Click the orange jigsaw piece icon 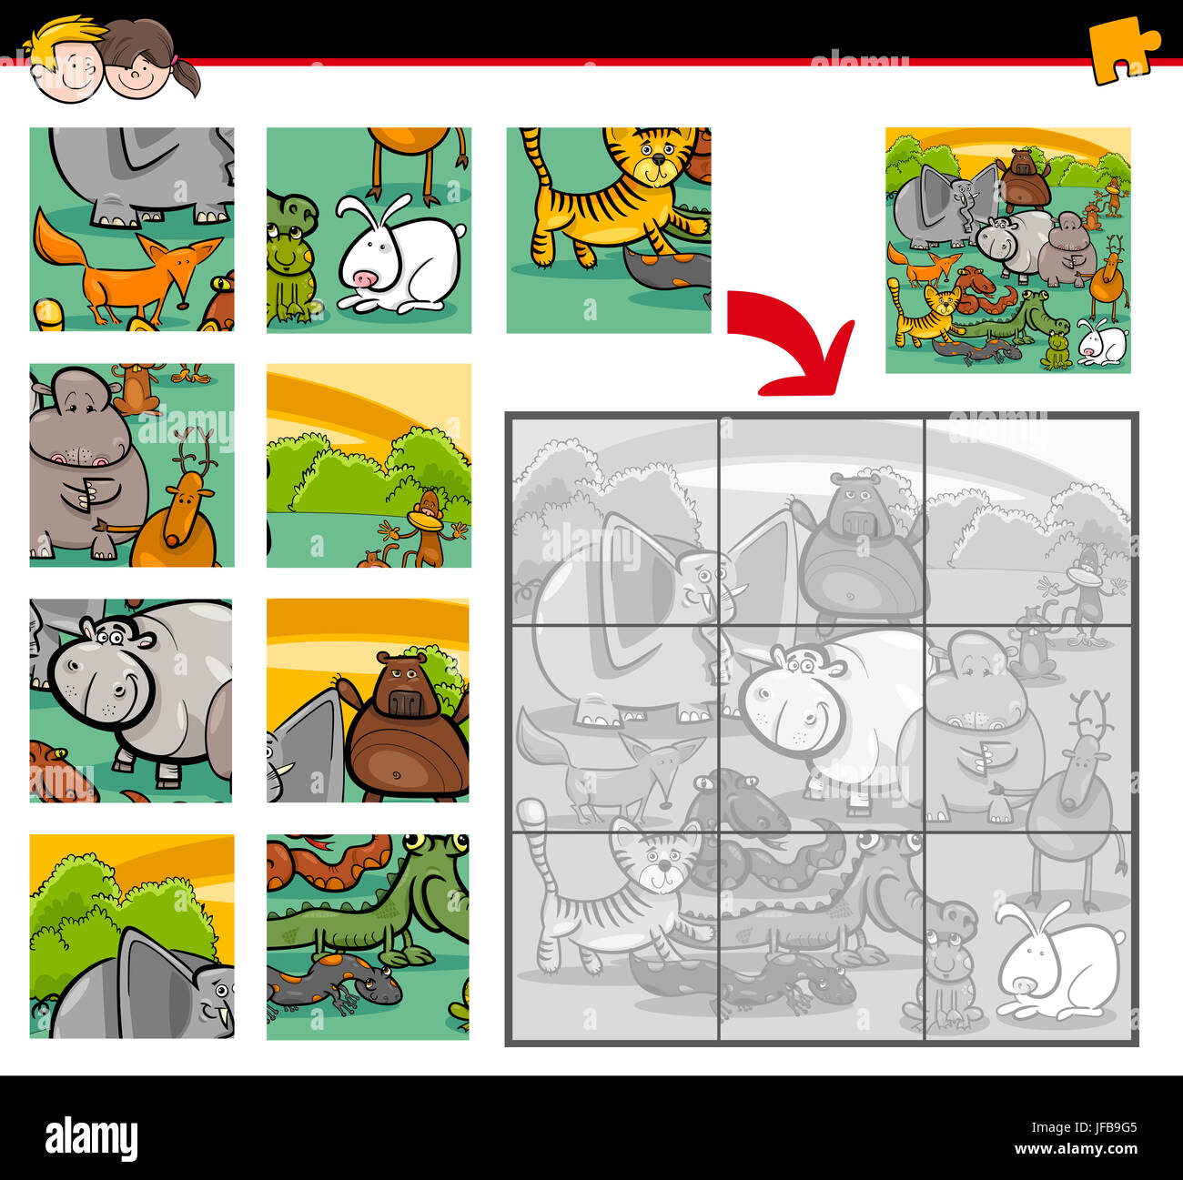(x=1121, y=49)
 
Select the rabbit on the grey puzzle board (x=1056, y=964)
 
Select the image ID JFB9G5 (x=1105, y=1127)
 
